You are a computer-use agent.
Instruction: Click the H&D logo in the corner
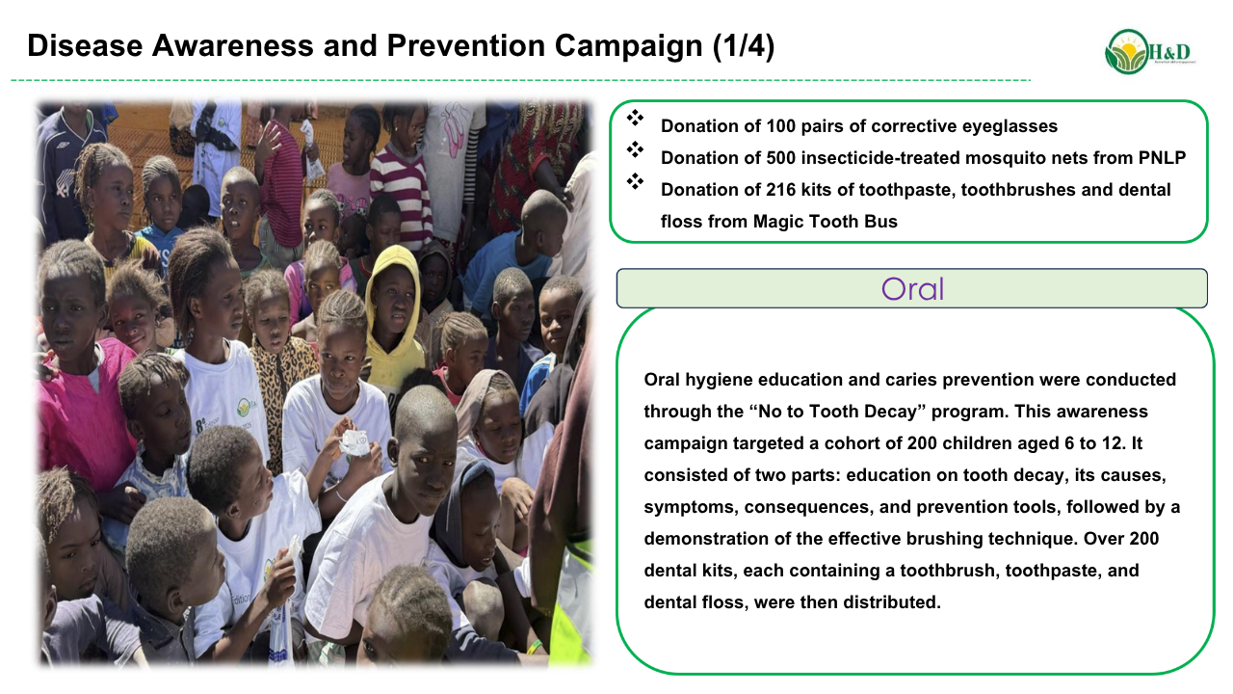[1150, 52]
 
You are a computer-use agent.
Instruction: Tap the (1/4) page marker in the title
[744, 45]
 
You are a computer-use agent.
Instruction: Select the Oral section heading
[912, 288]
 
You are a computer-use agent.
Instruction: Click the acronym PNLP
[1162, 158]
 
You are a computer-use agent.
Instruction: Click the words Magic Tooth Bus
[826, 222]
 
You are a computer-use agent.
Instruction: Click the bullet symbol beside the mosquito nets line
[635, 149]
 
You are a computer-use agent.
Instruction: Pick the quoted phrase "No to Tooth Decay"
[837, 412]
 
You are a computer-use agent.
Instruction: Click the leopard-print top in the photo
[280, 380]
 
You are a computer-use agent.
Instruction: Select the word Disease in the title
[85, 45]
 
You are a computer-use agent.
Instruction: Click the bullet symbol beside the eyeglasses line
[635, 118]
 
